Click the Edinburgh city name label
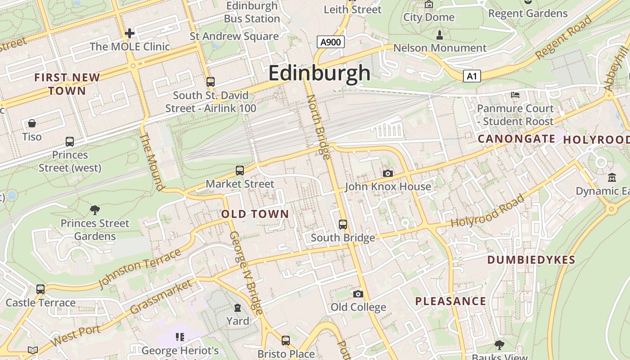[319, 73]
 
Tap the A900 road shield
[331, 42]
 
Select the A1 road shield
[472, 76]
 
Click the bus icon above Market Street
[240, 171]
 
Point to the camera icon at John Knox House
[387, 173]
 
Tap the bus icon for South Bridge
[343, 224]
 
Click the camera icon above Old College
[358, 294]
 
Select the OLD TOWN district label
[255, 214]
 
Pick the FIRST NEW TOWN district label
[67, 84]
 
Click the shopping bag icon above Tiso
[32, 123]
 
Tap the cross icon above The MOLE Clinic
[130, 33]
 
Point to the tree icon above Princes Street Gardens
[95, 210]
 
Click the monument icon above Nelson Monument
[440, 35]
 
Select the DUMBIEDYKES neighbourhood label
[531, 260]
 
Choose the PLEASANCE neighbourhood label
[450, 301]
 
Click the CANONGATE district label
[516, 139]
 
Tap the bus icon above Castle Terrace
[40, 289]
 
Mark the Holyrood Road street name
[488, 211]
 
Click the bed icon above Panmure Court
[515, 95]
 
